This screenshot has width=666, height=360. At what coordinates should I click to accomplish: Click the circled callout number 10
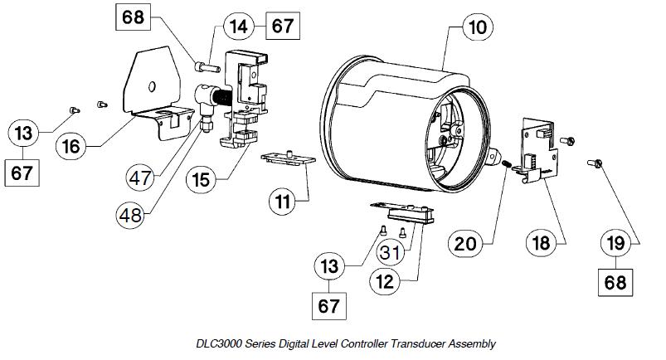[476, 28]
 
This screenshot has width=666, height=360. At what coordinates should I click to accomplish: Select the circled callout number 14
[239, 26]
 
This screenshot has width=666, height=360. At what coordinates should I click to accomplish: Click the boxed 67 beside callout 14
[283, 26]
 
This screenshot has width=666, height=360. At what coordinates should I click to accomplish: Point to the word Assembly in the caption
[472, 343]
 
